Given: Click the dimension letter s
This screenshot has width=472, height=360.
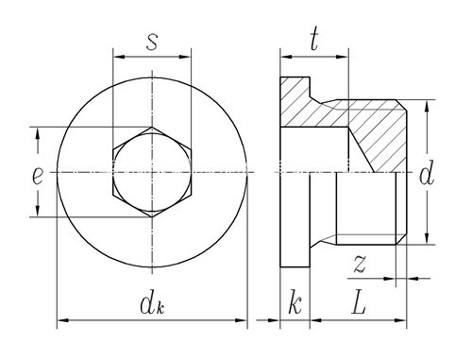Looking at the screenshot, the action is click(152, 42).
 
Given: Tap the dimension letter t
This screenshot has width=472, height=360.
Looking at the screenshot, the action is click(314, 40).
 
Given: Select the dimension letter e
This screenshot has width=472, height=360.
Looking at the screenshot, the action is click(38, 177).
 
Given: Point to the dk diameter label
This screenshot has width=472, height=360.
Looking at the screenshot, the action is click(152, 304).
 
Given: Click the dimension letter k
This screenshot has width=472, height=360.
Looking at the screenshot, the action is click(295, 304).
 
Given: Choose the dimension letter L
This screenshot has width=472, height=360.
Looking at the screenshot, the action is click(359, 304).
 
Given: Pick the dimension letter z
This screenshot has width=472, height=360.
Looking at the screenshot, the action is click(360, 264).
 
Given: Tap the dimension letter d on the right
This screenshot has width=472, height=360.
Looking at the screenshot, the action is click(427, 173).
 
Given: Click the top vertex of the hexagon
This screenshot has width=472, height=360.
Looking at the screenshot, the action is click(152, 128).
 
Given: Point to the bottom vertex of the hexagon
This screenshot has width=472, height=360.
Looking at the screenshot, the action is click(152, 217).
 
